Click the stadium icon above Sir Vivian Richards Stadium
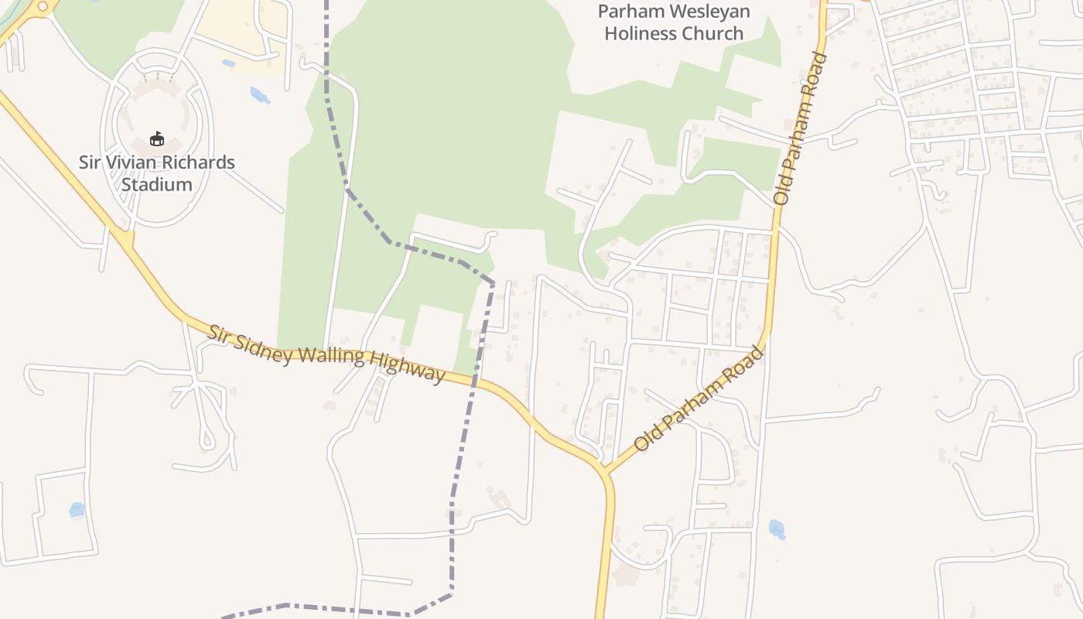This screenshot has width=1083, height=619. point(157,139)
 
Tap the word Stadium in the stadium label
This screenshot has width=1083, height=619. point(156,185)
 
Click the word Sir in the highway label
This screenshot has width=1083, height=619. point(218,335)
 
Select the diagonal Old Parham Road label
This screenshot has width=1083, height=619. point(699,400)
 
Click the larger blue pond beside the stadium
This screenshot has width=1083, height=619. point(259,95)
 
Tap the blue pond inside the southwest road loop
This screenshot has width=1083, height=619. point(77,510)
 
